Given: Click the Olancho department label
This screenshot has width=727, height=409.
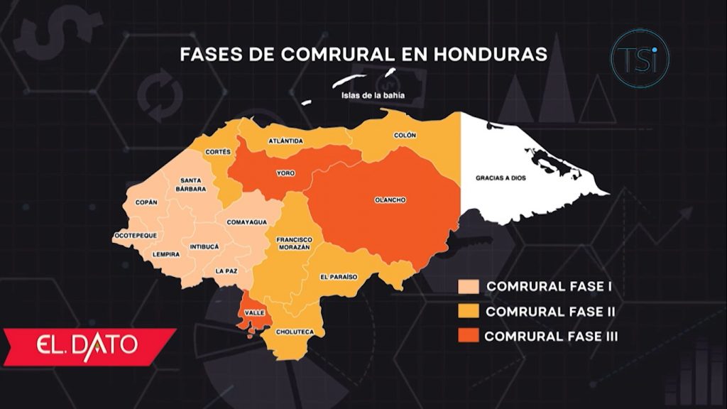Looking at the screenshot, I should coord(390,200).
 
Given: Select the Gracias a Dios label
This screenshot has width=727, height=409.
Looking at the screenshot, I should coord(501,178).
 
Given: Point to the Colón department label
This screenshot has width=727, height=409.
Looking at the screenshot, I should coord(404,135).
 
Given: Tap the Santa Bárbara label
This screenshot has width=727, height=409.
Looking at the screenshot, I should coord(193,185).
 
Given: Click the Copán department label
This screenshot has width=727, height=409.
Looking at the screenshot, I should coord(146,202).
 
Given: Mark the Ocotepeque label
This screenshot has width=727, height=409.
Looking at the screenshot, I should coord(135,235).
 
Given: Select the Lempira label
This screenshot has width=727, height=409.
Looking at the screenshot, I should coord(166,254).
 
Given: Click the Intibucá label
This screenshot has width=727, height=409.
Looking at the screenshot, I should coord(204,246).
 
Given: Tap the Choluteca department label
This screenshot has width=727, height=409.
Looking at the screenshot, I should coord(293,332).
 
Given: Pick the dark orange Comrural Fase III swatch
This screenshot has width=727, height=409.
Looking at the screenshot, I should coord(468,335).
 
